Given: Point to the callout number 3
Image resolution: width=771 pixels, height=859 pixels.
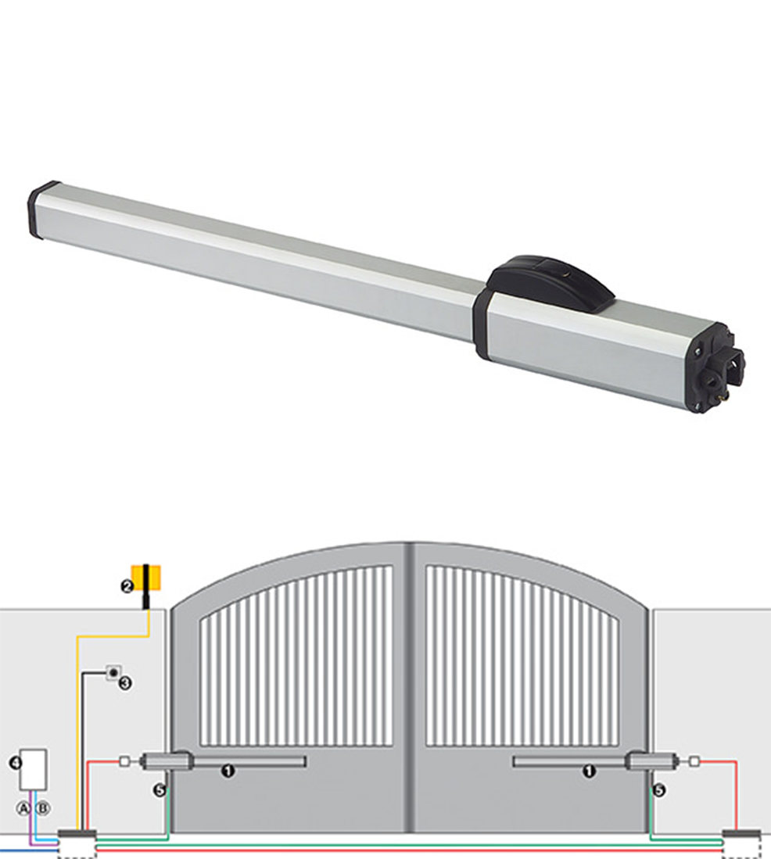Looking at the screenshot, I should [x=125, y=683].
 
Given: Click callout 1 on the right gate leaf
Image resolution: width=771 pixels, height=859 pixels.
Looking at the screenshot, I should [x=590, y=771].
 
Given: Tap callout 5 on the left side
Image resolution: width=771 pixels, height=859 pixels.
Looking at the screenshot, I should [x=160, y=791].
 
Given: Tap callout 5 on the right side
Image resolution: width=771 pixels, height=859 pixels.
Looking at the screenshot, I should [x=659, y=791].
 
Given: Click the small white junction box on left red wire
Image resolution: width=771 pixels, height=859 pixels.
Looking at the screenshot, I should [x=123, y=760].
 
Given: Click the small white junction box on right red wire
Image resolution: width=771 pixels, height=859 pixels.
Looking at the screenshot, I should [x=694, y=760].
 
